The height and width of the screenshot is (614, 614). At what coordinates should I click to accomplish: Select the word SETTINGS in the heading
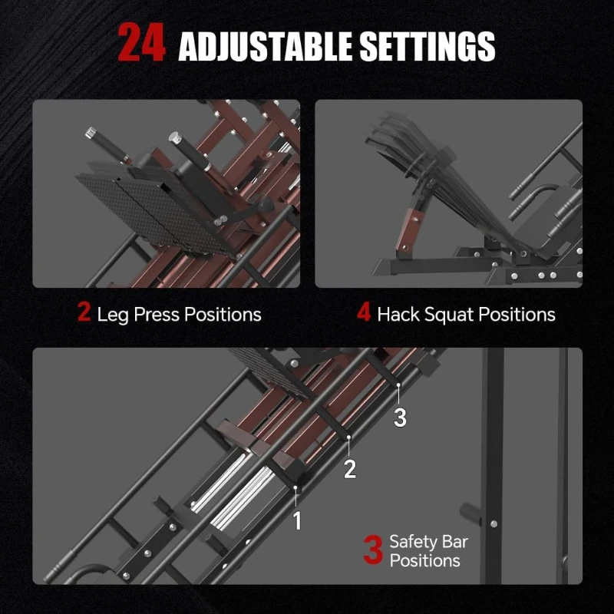(428, 46)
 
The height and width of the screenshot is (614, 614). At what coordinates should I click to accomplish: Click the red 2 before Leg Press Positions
(84, 313)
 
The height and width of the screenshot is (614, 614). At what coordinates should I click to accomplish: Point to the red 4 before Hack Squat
(364, 313)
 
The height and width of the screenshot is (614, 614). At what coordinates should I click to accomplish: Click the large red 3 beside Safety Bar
(372, 551)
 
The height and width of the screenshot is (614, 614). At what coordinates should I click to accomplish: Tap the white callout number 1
(297, 521)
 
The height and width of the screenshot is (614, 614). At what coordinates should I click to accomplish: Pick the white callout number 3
(400, 417)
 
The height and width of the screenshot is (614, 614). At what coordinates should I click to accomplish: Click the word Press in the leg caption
(153, 314)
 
